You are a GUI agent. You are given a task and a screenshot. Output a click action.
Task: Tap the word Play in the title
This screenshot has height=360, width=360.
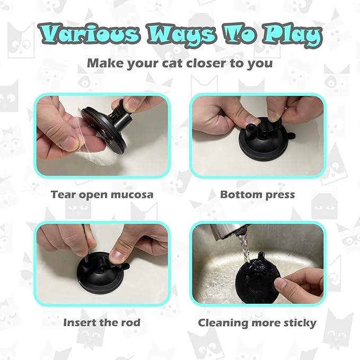click(x=289, y=36)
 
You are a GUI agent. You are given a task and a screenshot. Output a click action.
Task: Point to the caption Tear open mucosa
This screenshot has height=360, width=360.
click(x=102, y=194)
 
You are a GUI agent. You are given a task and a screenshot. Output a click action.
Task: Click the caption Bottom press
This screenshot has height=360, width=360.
click(x=257, y=194)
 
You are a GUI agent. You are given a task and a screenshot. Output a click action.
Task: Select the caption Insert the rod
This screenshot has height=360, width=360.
click(x=102, y=322)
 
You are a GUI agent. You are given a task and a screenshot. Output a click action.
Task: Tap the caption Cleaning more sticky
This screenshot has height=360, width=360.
click(x=257, y=322)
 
